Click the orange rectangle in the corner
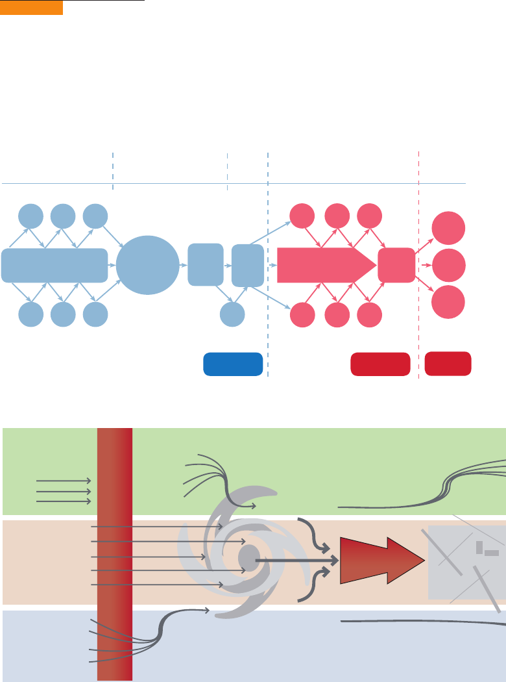click(31, 7)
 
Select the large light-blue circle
click(148, 265)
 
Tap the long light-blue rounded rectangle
click(54, 265)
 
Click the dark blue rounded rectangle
click(233, 364)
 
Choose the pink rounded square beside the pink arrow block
click(396, 265)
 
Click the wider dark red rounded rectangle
click(380, 364)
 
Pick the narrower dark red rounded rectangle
click(448, 363)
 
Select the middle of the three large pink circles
click(449, 265)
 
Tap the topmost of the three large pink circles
click(449, 229)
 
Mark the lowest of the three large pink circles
click(449, 301)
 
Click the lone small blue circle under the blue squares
click(232, 314)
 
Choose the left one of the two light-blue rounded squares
click(206, 265)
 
